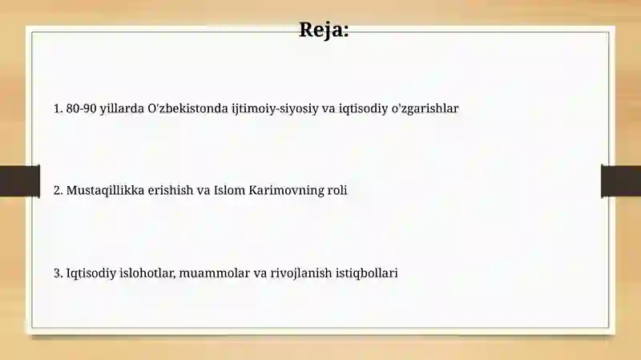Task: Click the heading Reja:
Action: [x=324, y=30]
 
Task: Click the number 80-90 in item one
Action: [x=82, y=108]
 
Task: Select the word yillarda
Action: [x=122, y=109]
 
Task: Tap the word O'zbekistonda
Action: [x=187, y=108]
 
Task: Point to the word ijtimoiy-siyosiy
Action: [x=275, y=109]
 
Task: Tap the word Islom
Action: [x=230, y=190]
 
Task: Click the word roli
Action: [x=337, y=190]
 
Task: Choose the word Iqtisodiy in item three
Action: [x=91, y=273]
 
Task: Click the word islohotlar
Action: [x=147, y=273]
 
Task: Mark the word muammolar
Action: [x=214, y=273]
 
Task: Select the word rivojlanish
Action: [x=301, y=273]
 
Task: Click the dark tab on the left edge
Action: [x=20, y=181]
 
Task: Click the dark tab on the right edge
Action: [x=621, y=181]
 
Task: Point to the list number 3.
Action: [x=58, y=273]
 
